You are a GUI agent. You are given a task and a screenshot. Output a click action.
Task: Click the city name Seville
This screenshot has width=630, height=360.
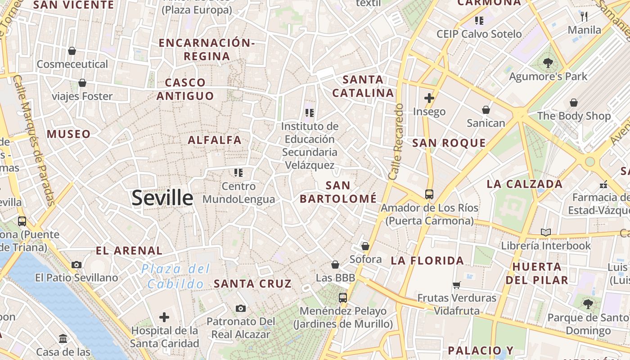(x=162, y=198)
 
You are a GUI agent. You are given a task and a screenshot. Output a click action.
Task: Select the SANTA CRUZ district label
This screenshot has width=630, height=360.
(x=252, y=284)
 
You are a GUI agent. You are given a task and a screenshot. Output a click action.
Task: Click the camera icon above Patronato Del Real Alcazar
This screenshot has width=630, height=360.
(x=241, y=308)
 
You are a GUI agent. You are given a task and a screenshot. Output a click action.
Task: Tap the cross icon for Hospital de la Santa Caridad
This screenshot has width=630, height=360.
(x=164, y=317)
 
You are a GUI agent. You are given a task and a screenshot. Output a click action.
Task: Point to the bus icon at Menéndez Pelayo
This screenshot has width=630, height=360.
(x=343, y=297)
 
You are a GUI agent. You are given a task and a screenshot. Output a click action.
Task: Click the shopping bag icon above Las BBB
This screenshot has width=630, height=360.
(x=335, y=265)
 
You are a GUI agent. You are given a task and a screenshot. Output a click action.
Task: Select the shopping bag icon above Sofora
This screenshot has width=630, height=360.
(x=365, y=246)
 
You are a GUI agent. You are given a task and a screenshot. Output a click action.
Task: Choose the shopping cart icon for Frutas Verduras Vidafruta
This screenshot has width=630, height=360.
(x=457, y=284)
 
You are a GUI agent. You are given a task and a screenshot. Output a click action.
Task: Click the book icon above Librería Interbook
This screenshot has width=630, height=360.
(x=546, y=232)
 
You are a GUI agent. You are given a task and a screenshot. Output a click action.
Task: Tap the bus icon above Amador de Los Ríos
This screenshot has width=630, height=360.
(x=429, y=194)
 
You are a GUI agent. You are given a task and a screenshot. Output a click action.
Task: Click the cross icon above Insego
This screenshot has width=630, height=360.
(x=429, y=98)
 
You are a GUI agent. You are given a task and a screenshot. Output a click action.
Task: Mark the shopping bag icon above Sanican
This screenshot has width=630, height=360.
(x=486, y=110)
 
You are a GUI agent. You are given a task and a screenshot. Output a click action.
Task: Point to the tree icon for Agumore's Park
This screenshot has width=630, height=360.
(x=548, y=63)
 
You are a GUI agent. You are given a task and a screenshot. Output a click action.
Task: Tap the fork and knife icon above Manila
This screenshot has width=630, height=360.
(x=585, y=17)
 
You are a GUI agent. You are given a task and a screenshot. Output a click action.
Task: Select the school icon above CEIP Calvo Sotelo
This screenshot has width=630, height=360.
(x=479, y=20)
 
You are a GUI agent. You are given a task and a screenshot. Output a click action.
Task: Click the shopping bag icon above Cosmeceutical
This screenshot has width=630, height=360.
(x=72, y=51)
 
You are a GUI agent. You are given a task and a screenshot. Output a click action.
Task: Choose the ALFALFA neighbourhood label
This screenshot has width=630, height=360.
(x=215, y=140)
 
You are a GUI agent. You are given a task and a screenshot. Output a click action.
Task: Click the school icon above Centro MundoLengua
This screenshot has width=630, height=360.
(x=238, y=172)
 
